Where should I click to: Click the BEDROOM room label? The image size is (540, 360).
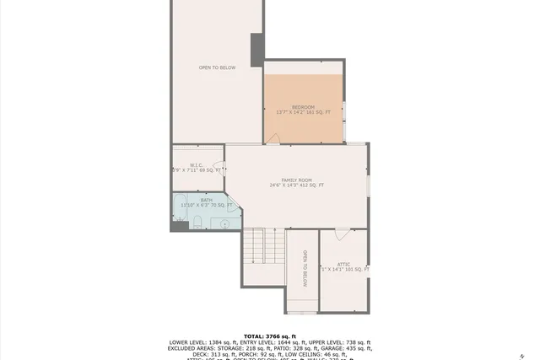[x=303, y=107]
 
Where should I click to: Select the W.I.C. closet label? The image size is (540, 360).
[x=196, y=165]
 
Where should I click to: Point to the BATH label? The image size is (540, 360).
[x=195, y=199]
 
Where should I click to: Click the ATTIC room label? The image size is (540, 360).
[x=343, y=264]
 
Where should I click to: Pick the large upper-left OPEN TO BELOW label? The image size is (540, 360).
[x=217, y=67]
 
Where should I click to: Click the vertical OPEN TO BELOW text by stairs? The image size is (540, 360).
[x=305, y=269]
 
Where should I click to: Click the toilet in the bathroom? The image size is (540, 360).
[x=196, y=223]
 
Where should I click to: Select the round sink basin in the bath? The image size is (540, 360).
[x=224, y=223]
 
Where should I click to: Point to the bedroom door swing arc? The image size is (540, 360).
[x=273, y=138]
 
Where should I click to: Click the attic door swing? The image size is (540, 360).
[x=341, y=234]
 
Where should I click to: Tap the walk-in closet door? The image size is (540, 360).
[x=219, y=166]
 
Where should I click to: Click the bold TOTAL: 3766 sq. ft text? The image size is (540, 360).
[x=269, y=336]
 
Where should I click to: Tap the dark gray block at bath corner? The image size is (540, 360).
[x=178, y=224]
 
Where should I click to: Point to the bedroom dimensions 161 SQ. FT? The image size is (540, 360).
[x=303, y=112]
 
